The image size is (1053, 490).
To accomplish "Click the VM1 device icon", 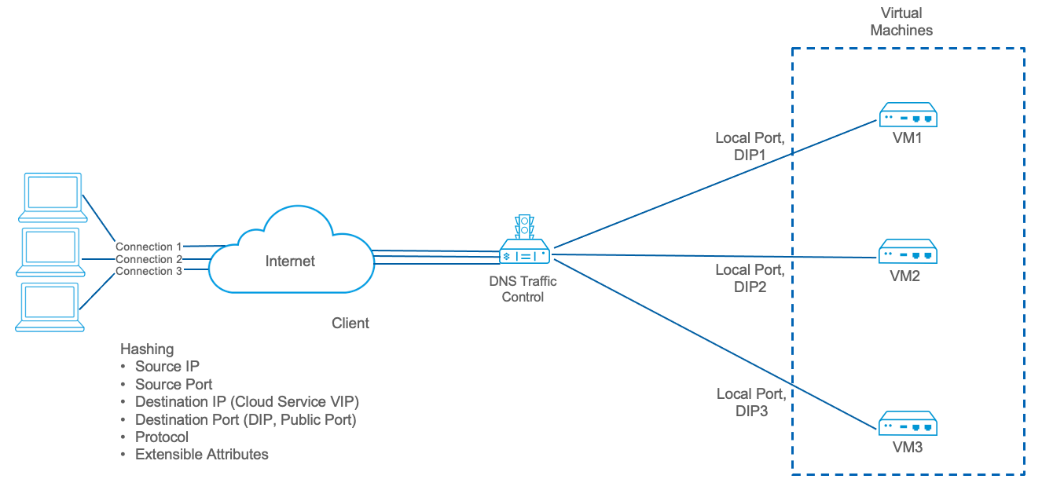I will (908, 115).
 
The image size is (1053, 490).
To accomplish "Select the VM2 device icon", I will (908, 253).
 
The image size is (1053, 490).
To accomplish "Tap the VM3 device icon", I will (908, 425).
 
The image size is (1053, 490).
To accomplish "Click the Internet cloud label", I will (290, 261).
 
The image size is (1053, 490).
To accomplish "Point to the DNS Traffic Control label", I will (523, 290).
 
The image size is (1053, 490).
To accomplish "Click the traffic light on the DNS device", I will (523, 227).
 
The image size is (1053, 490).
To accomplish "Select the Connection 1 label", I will (149, 247).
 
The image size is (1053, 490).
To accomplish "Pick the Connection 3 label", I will (149, 271).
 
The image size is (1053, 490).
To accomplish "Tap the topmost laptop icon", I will (52, 196).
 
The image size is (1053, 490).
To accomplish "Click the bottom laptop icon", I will (52, 307).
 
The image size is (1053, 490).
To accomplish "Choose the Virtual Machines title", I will (907, 22).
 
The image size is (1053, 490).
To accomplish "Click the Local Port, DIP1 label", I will (750, 146).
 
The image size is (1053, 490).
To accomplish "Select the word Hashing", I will (147, 349).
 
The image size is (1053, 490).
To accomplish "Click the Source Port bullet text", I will (174, 384).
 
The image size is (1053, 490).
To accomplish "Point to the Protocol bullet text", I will (162, 437).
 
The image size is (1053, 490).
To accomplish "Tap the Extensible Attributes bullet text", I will (202, 454).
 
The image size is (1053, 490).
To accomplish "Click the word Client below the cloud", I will (350, 323).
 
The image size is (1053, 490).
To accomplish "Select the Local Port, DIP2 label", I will (750, 278).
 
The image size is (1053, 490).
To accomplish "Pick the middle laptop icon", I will (52, 251).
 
